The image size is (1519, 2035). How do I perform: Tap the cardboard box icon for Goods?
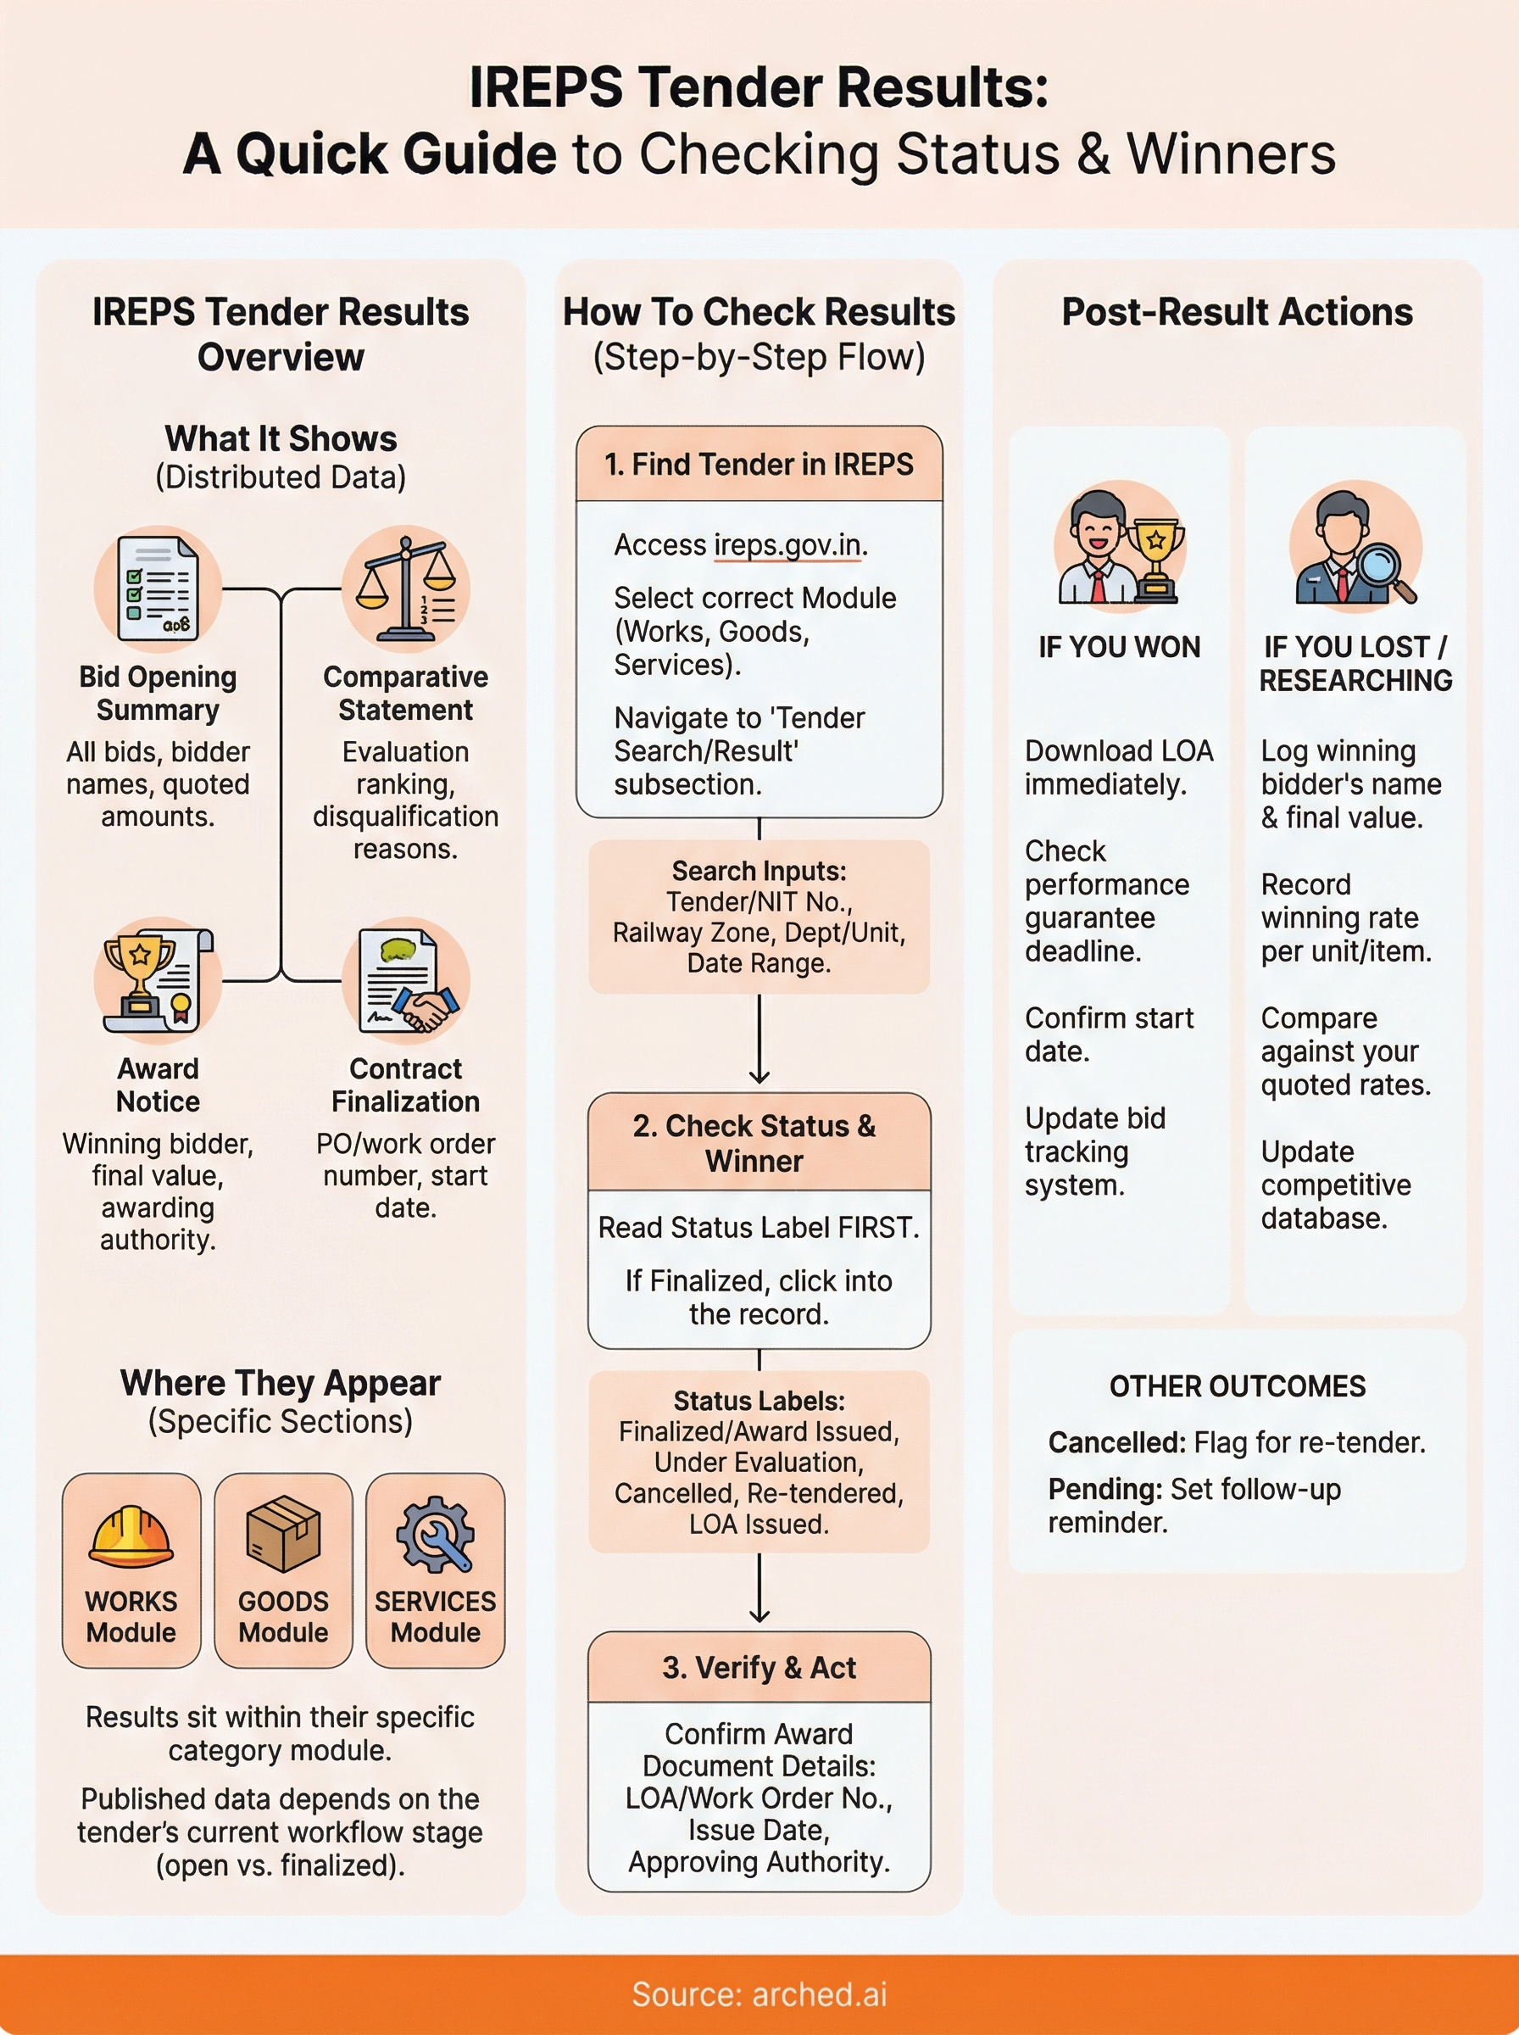click(283, 1532)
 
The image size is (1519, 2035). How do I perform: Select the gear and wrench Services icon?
click(435, 1532)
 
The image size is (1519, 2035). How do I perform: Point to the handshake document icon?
click(405, 980)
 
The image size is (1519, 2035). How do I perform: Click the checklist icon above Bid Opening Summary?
click(157, 588)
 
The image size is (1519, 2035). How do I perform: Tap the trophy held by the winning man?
click(1156, 555)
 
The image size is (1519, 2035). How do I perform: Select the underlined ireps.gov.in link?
click(787, 545)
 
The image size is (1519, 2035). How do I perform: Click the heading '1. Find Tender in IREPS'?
click(759, 465)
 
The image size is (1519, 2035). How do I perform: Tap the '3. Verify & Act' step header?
click(759, 1667)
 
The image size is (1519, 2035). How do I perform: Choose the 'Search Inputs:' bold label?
click(759, 871)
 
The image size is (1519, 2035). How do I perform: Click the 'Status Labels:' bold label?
click(759, 1401)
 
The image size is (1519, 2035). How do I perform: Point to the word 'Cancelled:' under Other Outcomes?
click(1116, 1443)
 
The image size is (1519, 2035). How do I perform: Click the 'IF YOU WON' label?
click(1119, 647)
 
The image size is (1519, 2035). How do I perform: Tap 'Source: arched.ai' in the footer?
click(759, 1993)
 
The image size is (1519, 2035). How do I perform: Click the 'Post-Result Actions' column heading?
click(1237, 313)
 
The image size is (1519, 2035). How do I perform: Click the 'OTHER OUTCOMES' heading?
click(1237, 1385)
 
